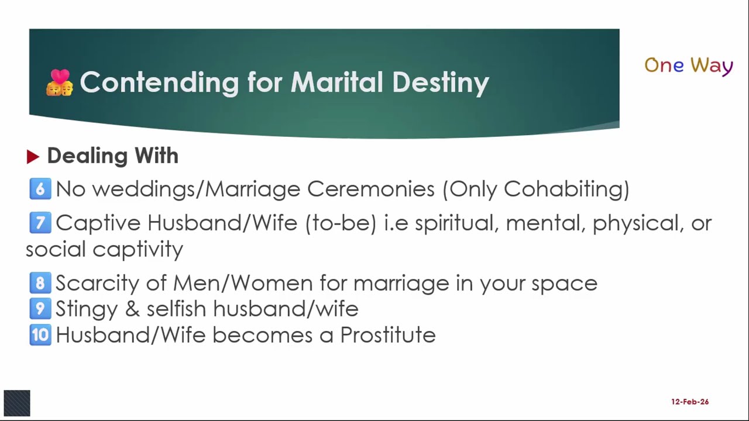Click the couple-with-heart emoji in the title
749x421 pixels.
[59, 82]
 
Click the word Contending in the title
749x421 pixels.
[159, 82]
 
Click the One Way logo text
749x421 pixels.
[688, 65]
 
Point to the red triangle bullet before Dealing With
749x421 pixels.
[33, 157]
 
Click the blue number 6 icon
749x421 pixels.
[40, 189]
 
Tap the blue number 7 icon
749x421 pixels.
[40, 223]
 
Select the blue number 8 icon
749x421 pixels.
[40, 283]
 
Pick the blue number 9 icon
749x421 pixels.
[40, 309]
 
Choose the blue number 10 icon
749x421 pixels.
[40, 335]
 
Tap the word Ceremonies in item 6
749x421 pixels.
[370, 189]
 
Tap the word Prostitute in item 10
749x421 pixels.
[387, 335]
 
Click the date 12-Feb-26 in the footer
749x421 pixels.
[690, 402]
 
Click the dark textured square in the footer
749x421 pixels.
[17, 403]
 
